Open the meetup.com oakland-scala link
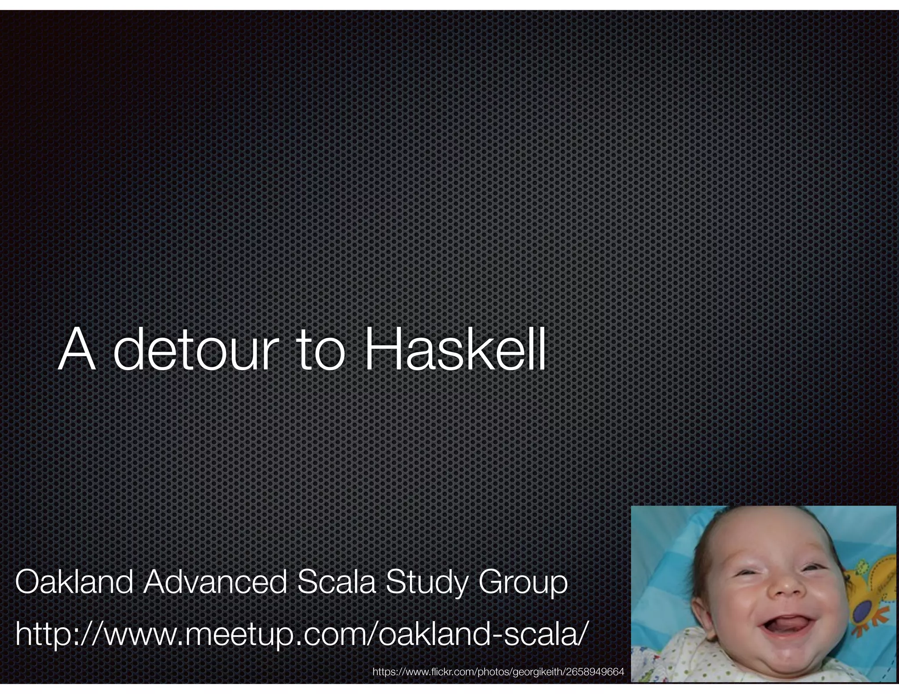click(x=300, y=634)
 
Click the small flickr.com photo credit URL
click(x=498, y=672)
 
